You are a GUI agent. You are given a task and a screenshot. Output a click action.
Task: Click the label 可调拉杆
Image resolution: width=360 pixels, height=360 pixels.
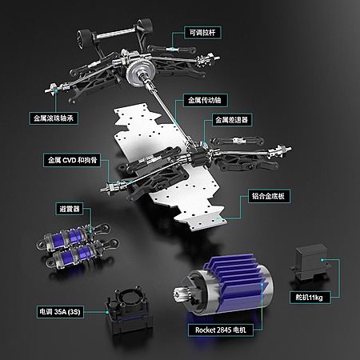202,33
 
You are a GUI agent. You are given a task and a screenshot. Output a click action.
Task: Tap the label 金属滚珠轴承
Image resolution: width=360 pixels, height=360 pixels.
54,118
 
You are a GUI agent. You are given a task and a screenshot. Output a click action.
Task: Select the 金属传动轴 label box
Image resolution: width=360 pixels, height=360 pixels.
205,100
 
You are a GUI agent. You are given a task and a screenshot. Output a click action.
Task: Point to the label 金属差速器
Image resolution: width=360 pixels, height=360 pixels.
232,120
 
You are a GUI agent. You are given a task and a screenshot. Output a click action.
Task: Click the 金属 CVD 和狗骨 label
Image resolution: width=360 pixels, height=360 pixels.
72,160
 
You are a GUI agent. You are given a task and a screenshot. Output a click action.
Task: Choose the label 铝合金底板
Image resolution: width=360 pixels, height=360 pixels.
269,196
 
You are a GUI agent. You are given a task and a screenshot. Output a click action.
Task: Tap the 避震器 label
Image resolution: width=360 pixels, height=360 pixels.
70,209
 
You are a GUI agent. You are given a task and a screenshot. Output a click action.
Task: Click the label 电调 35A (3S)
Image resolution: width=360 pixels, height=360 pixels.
60,312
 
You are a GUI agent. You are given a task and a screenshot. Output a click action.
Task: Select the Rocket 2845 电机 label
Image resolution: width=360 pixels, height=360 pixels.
221,330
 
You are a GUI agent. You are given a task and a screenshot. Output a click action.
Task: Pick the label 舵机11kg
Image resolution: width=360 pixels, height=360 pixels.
310,297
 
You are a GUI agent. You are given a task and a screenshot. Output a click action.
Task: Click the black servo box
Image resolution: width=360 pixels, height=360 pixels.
311,262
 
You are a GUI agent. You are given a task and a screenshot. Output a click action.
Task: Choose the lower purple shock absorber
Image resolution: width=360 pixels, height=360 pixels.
82,254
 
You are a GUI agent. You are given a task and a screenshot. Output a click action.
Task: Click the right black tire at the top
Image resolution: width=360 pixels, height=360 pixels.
145,26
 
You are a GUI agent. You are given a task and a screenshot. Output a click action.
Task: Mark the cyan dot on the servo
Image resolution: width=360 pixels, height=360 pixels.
322,260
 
